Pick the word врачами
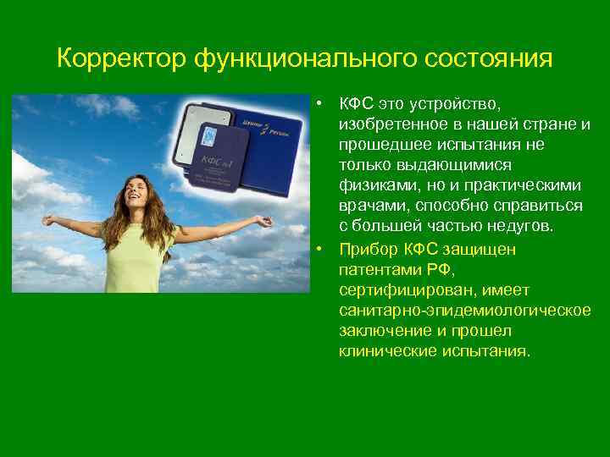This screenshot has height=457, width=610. point(370,206)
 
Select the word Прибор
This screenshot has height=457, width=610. point(369,250)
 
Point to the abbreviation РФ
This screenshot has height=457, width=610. point(442,270)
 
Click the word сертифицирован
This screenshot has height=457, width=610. point(396,290)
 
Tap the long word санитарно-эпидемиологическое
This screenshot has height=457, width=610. point(465,311)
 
